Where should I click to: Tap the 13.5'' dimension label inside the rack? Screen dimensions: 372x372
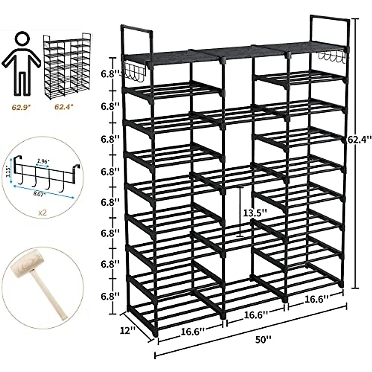255,213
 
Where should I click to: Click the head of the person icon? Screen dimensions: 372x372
22,40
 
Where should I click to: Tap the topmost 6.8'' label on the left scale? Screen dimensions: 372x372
110,74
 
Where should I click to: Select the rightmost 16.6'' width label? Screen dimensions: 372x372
315,299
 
